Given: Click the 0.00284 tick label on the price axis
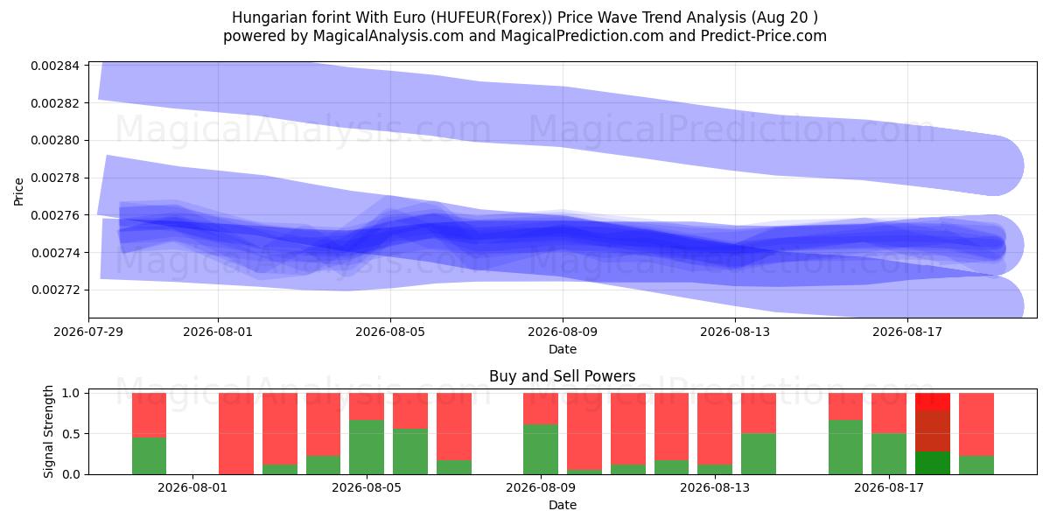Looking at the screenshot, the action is pos(56,66).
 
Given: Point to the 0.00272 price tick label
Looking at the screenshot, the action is pos(56,290).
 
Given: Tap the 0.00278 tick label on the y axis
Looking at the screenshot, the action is pos(56,178).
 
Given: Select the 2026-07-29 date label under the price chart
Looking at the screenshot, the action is pos(88,332).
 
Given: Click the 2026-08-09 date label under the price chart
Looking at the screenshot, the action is pos(563,332).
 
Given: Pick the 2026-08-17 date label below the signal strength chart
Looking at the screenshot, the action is pos(889,487).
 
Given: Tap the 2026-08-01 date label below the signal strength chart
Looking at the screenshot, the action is pos(192,487).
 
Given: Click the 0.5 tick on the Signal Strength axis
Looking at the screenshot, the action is pos(71,434).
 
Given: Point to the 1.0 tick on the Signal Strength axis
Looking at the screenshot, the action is pos(71,393).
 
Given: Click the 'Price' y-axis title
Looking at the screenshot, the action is pos(18,192).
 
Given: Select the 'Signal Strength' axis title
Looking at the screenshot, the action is pos(48,431).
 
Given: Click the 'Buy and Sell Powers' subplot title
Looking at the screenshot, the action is pos(563,376).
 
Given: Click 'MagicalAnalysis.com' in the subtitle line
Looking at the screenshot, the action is pos(388,36).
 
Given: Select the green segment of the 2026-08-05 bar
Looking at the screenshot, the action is pos(367,447).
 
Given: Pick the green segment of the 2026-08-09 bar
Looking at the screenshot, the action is pos(541,449).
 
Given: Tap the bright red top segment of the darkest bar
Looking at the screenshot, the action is pos(933,402).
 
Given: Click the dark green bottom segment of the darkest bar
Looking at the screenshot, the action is pos(933,463).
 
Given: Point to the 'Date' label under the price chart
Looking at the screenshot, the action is pos(563,349).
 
